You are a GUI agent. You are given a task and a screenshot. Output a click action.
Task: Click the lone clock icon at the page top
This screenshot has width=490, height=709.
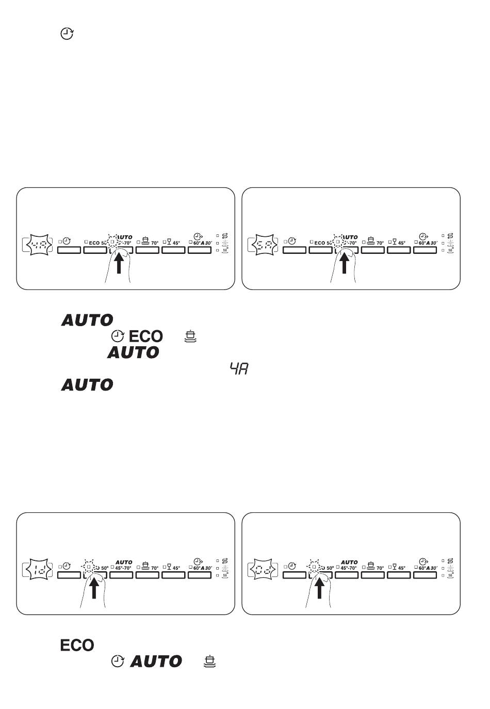tap(67, 35)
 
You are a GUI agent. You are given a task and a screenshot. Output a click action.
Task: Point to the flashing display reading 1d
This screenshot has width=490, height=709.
tap(39, 570)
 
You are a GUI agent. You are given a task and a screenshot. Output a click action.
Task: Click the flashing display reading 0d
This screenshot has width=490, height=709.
tap(265, 570)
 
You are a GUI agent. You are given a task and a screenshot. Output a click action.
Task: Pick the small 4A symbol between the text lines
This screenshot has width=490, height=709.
tap(239, 368)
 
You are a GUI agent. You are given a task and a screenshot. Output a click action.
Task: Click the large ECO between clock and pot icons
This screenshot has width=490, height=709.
tap(145, 336)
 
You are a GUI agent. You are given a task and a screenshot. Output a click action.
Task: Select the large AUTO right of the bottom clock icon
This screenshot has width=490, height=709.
tap(156, 661)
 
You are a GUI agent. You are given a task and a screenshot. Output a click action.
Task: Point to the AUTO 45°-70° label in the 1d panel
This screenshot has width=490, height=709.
tap(123, 565)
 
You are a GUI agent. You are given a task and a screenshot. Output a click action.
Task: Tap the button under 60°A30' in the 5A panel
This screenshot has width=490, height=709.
tap(425, 250)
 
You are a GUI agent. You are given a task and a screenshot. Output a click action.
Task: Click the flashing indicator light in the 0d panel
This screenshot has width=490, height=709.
tap(314, 567)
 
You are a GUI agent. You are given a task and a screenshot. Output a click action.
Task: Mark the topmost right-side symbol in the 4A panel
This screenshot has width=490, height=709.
tap(225, 235)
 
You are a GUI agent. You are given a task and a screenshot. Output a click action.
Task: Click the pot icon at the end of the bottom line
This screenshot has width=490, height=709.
tap(210, 661)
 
